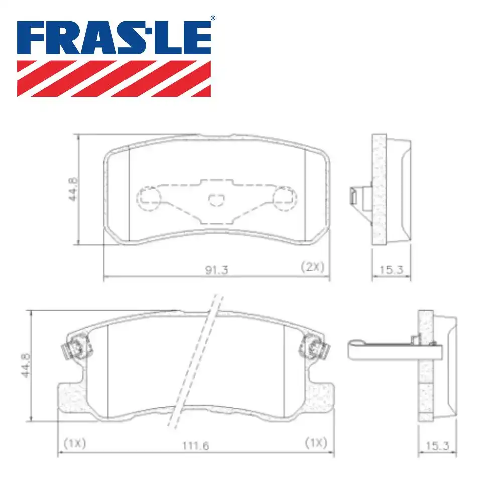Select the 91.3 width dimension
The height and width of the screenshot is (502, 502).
[217, 270]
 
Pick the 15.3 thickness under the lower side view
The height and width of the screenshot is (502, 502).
[437, 445]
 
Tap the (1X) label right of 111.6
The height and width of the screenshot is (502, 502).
[316, 443]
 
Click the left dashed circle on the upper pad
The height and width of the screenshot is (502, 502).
[149, 199]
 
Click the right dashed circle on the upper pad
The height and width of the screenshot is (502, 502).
[284, 199]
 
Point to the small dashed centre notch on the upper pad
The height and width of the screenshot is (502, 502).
[216, 200]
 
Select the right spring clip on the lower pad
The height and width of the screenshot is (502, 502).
[312, 347]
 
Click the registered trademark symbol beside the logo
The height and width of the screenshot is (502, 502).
[213, 19]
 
